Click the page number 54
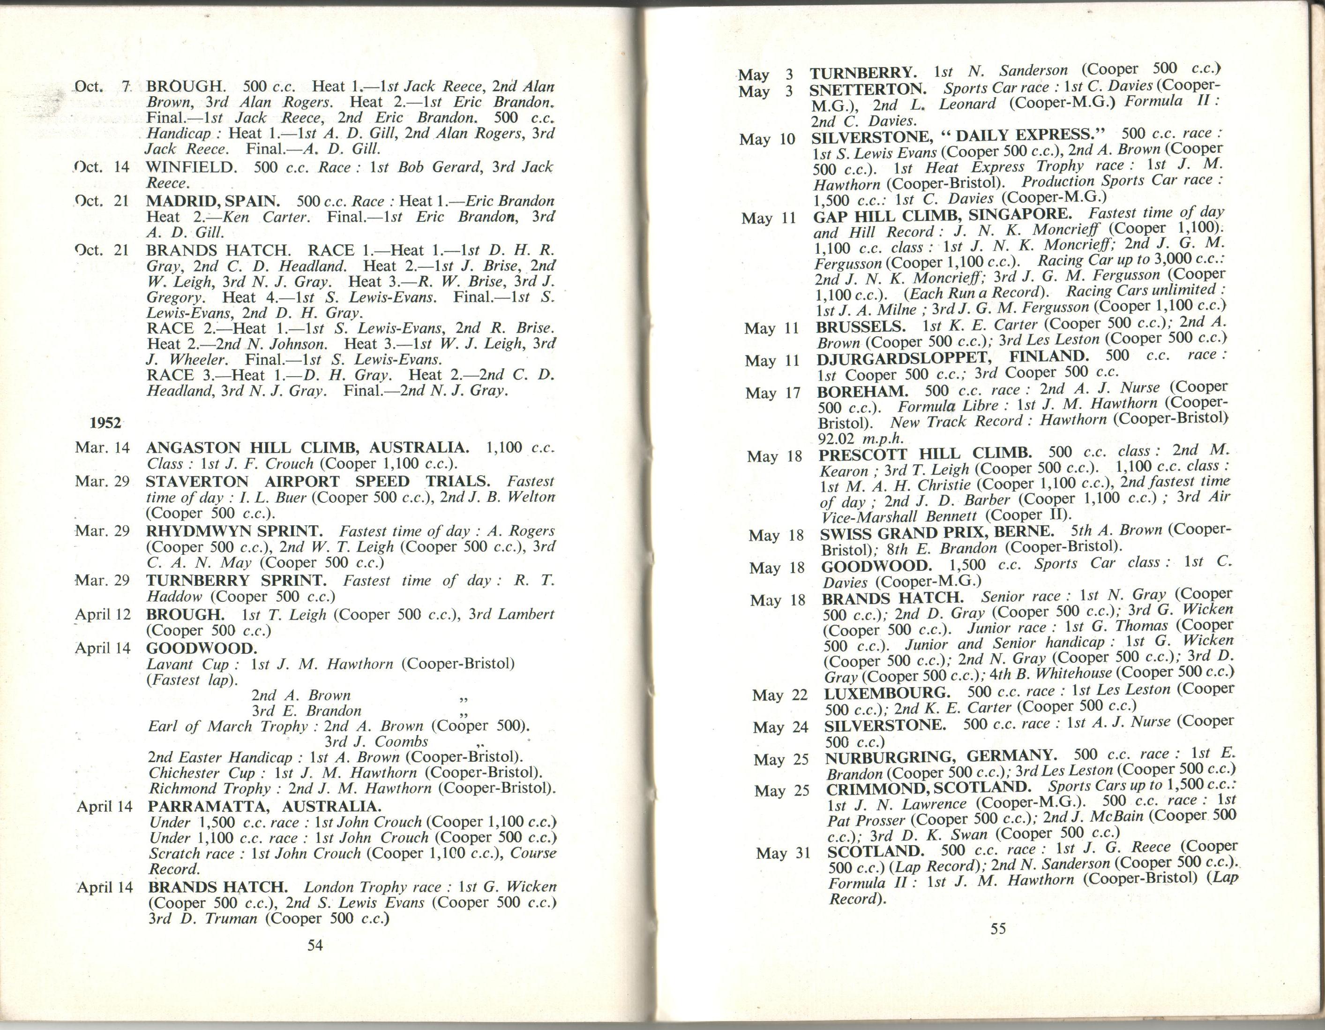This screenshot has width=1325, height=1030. click(x=315, y=945)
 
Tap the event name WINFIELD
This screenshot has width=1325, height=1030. click(x=190, y=167)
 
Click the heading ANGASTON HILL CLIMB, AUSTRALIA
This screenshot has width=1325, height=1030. click(x=307, y=448)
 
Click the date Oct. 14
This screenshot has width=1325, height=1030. click(x=102, y=167)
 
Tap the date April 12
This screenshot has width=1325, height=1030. click(x=103, y=614)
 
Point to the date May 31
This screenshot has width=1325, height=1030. click(x=783, y=853)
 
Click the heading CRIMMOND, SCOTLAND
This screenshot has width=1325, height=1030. click(x=928, y=787)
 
